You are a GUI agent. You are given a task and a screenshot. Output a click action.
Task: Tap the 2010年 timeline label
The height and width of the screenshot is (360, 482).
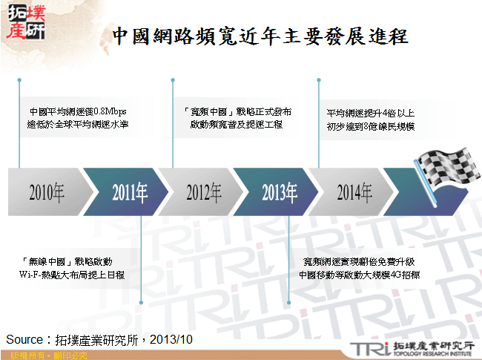tap(47, 193)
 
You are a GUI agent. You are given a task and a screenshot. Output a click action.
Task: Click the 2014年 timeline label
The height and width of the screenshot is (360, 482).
tap(354, 193)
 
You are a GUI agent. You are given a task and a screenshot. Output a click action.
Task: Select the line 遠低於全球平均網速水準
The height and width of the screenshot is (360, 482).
tap(78, 125)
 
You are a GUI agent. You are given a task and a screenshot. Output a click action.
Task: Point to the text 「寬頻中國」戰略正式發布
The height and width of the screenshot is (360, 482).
tap(237, 112)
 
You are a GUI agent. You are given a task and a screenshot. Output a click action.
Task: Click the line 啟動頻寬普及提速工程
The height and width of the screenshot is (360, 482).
tap(237, 125)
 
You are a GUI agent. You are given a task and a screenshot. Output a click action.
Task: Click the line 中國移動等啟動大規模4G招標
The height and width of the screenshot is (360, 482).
tap(359, 274)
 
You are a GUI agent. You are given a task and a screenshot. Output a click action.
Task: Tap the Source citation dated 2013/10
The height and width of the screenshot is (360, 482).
tap(99, 339)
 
